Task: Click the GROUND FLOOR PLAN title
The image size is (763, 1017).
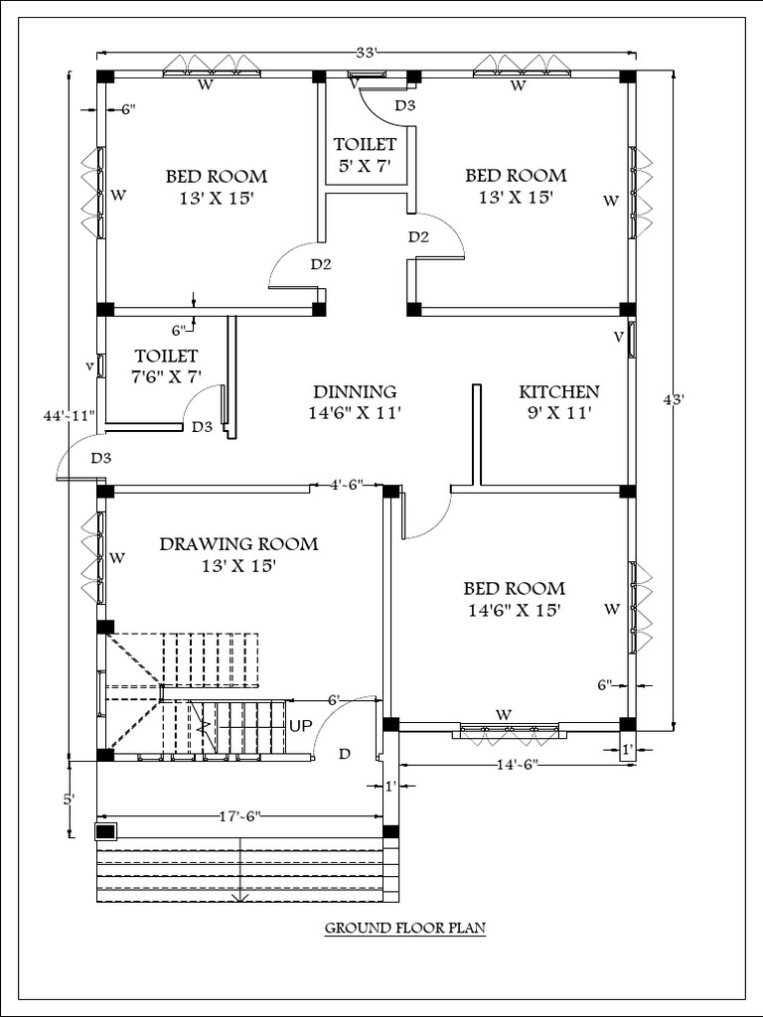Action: pyautogui.click(x=404, y=930)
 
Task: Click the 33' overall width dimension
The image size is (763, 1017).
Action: pyautogui.click(x=367, y=53)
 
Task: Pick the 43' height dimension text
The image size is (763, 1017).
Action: pyautogui.click(x=675, y=399)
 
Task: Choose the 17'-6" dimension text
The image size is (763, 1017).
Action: pyautogui.click(x=239, y=817)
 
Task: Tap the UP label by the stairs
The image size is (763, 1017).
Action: pyautogui.click(x=301, y=726)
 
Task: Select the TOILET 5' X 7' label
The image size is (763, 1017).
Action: pyautogui.click(x=365, y=155)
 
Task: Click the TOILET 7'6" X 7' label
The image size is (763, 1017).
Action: pyautogui.click(x=167, y=365)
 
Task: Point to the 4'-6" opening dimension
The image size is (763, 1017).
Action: pyautogui.click(x=347, y=486)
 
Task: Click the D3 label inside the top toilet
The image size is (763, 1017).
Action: pyautogui.click(x=405, y=105)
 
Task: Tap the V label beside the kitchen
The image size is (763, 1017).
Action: pyautogui.click(x=618, y=337)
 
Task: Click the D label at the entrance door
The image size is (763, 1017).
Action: pyautogui.click(x=344, y=755)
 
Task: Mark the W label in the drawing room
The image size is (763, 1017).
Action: pyautogui.click(x=117, y=558)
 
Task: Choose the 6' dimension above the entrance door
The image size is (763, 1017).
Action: pyautogui.click(x=333, y=699)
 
